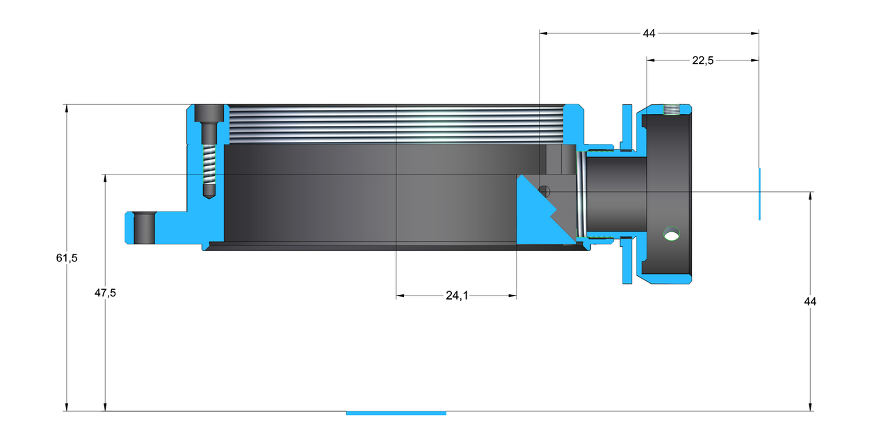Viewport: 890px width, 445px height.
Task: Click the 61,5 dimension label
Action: [x=66, y=258]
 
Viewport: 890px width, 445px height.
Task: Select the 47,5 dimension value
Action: [x=105, y=293]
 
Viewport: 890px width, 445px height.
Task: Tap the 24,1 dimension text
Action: [x=456, y=296]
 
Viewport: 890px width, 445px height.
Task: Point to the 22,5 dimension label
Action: [x=702, y=60]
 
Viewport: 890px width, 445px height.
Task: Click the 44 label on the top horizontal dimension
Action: [x=649, y=33]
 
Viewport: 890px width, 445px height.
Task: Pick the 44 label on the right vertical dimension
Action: [x=810, y=301]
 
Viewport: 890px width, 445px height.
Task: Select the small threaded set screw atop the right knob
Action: [x=672, y=109]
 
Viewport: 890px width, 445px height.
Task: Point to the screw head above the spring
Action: [x=209, y=113]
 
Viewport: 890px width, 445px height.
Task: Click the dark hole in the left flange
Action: [x=144, y=227]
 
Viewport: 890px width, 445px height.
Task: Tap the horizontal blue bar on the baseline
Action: [x=396, y=413]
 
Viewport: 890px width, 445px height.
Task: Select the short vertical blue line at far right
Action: [x=759, y=194]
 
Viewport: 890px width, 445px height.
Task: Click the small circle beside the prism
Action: [x=544, y=191]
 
